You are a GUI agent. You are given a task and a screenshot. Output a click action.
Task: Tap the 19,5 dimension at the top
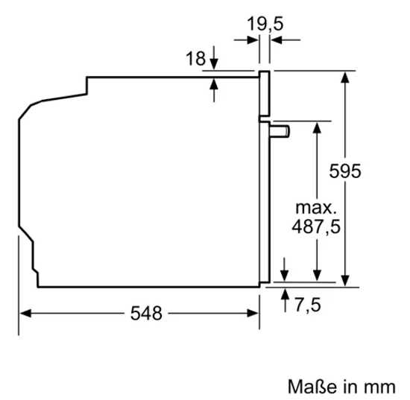[x=265, y=24]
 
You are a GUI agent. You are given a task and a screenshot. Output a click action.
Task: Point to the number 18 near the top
[x=195, y=59]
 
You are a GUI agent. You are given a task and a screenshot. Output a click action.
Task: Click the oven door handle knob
[x=283, y=131]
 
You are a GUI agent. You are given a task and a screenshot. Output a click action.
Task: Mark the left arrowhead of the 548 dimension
[x=25, y=314]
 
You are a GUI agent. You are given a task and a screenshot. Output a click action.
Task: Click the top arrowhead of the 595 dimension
[x=346, y=76]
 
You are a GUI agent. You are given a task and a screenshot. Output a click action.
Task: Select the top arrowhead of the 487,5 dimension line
[x=317, y=127]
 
